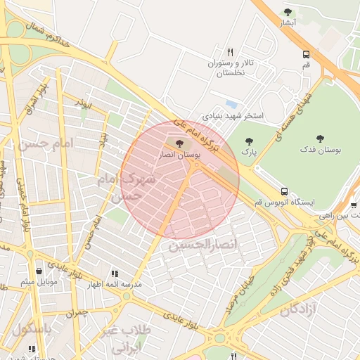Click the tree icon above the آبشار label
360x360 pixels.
point(288,12)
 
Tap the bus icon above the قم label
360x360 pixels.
point(306,54)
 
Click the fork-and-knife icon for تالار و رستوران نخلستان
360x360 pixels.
point(230,53)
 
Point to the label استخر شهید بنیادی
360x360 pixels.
point(233,115)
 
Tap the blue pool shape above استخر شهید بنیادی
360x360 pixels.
point(231,103)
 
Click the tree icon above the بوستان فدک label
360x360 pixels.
point(321,139)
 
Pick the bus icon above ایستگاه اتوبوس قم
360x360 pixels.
point(284,191)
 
